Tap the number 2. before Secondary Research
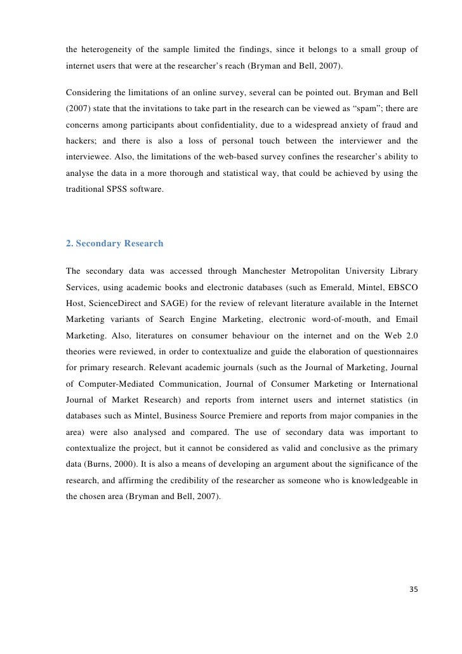pos(70,243)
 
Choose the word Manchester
pos(258,269)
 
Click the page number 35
pos(413,589)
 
